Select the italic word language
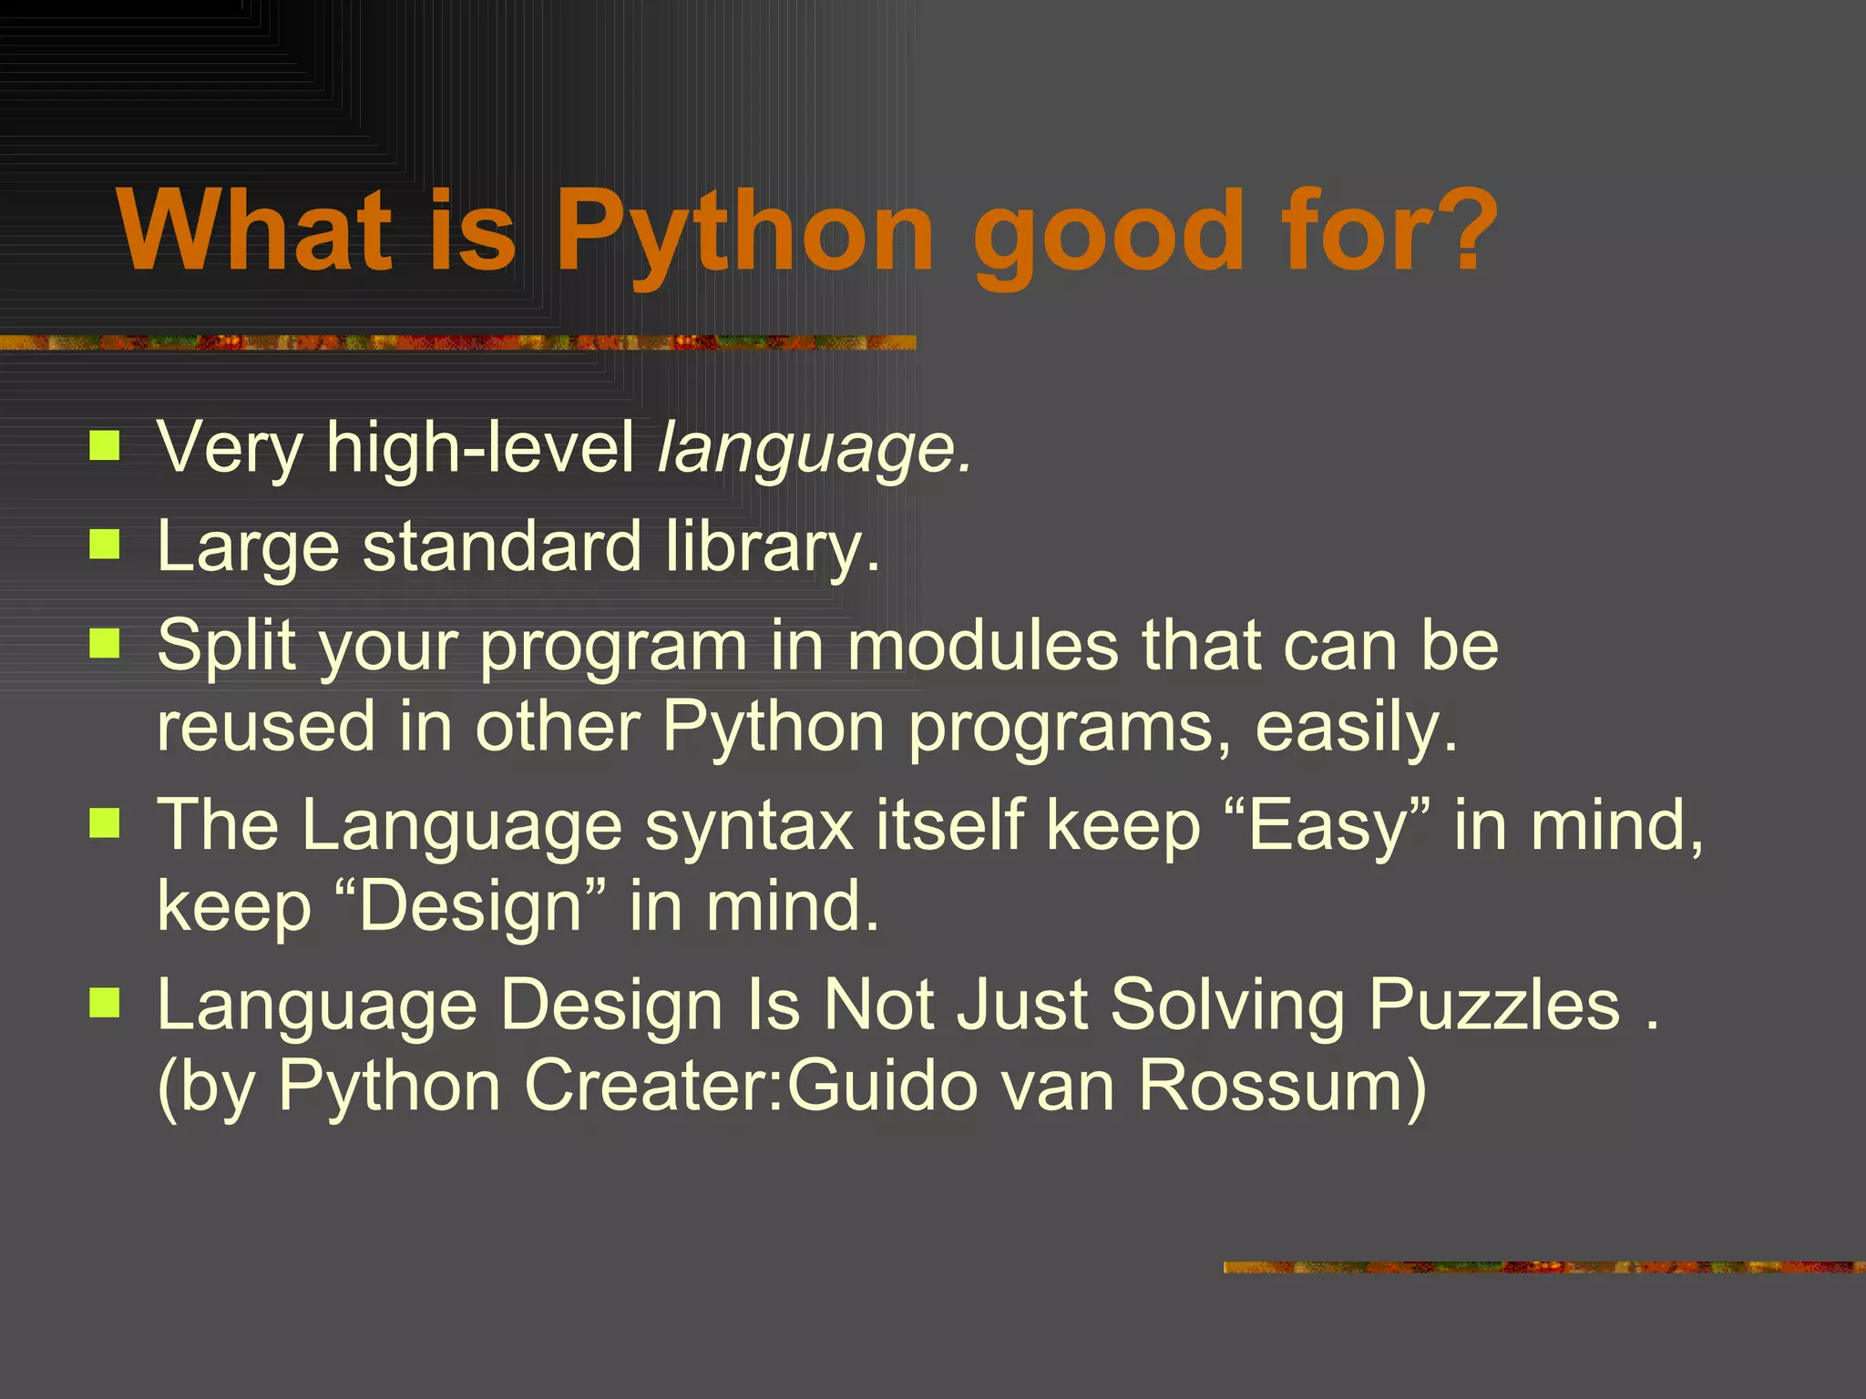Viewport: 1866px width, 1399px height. tap(814, 448)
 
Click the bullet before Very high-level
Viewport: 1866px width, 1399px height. tap(105, 446)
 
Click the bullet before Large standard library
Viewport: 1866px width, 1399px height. tap(105, 545)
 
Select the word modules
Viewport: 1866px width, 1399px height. tap(982, 645)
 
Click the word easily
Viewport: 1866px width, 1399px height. tap(1355, 727)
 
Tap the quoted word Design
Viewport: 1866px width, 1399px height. tap(470, 905)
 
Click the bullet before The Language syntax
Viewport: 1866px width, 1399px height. tap(105, 823)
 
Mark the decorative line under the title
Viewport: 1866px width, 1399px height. tap(456, 342)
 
